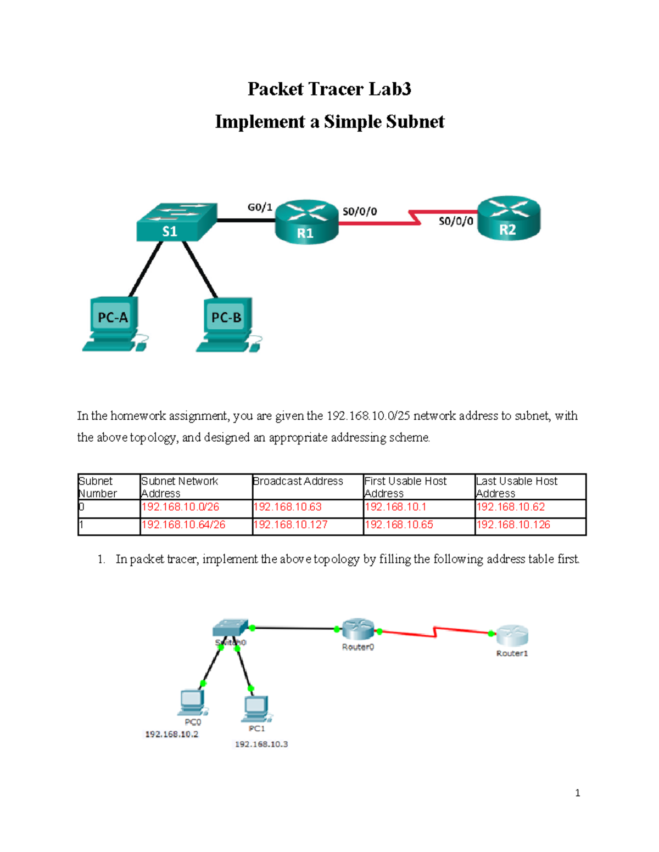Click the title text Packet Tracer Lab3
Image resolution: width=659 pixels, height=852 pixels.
coord(329,89)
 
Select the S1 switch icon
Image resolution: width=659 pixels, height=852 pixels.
coord(176,222)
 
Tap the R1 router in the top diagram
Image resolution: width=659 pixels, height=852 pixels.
coord(306,222)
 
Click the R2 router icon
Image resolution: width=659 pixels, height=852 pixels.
coord(509,218)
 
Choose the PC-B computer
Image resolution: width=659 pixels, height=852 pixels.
coord(228,324)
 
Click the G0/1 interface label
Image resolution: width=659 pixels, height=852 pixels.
coord(260,207)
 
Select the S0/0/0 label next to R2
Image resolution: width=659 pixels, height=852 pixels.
coord(456,221)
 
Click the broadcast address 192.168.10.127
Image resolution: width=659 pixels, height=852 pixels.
coord(291,525)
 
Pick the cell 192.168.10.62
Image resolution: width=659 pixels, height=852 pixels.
coord(510,507)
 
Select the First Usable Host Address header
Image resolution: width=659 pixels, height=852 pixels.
coord(405,487)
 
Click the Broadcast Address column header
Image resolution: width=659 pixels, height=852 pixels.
coord(298,481)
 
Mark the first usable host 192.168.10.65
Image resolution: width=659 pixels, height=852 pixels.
coord(399,525)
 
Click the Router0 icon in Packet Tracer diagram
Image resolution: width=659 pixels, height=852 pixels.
coord(358,630)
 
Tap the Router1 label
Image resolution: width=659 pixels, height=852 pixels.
coord(512,653)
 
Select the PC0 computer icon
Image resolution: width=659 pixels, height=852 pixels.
coord(192,702)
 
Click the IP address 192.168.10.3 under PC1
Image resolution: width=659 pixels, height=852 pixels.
coord(261,744)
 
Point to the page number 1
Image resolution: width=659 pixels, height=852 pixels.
coord(577,793)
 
